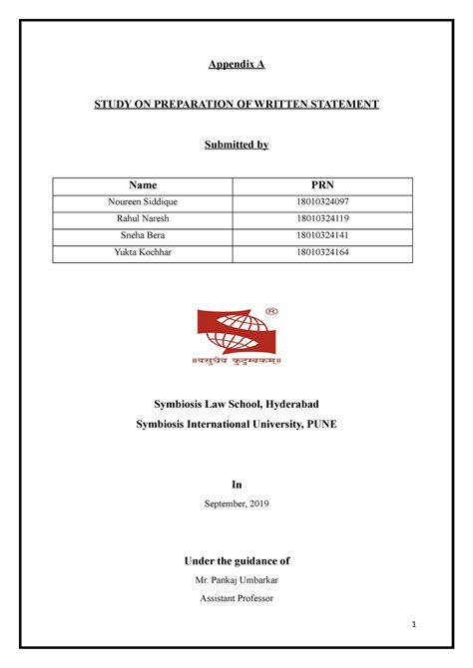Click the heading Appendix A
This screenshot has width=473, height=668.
coord(236,64)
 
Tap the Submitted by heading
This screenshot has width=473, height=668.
coord(236,145)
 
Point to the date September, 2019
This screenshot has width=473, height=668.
coord(236,504)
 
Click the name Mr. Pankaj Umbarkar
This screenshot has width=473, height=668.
coord(236,579)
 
